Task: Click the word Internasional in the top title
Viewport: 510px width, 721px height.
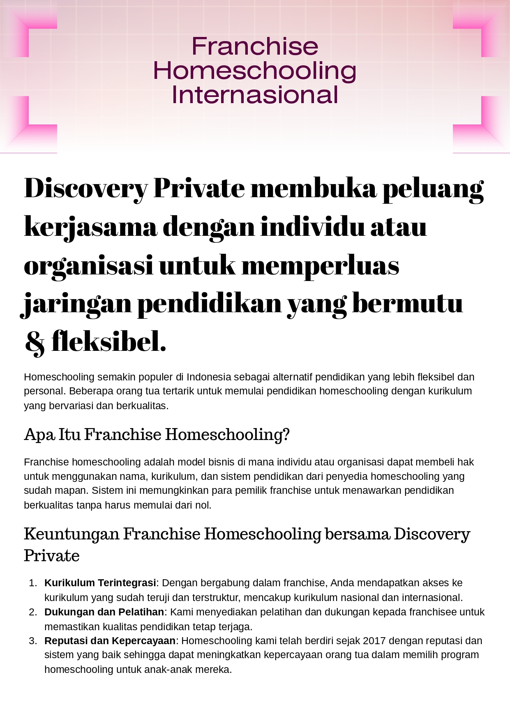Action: (x=255, y=95)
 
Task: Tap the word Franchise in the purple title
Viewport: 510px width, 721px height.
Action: (x=255, y=46)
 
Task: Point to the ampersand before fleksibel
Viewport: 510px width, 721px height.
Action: (x=35, y=343)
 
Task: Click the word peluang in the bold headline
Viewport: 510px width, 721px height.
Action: (x=433, y=189)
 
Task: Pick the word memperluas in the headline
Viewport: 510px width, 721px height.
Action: (x=320, y=266)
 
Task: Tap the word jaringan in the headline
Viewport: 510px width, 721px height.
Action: (x=76, y=304)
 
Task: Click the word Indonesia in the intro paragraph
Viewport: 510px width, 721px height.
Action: (x=209, y=377)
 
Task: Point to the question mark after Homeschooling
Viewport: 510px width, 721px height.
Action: (x=286, y=435)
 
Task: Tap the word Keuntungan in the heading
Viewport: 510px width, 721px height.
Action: (x=71, y=534)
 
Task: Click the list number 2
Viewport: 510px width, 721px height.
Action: (x=33, y=612)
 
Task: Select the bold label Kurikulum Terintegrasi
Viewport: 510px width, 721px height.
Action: (x=100, y=583)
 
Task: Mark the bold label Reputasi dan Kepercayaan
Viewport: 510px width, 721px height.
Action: (x=110, y=641)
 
